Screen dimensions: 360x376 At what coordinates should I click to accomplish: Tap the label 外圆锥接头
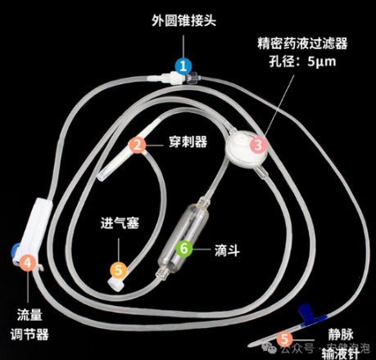(x=184, y=19)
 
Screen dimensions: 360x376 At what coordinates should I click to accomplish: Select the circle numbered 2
(x=138, y=146)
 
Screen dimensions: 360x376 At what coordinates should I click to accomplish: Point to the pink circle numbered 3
(x=259, y=146)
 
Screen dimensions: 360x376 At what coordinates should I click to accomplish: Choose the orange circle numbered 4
(x=29, y=263)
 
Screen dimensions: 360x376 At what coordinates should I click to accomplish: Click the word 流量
(x=30, y=314)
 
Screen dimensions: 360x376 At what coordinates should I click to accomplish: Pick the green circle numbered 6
(x=185, y=246)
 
